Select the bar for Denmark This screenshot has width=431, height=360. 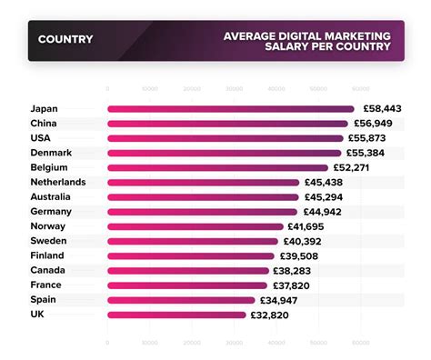click(x=223, y=153)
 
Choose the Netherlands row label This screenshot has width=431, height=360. click(x=58, y=182)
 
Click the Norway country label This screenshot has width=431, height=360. click(x=47, y=226)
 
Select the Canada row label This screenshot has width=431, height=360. click(x=48, y=271)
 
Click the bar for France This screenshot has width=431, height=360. click(x=187, y=285)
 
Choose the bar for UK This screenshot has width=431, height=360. click(x=176, y=315)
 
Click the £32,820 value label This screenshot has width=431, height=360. click(x=272, y=315)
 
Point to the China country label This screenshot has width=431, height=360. click(x=45, y=124)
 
